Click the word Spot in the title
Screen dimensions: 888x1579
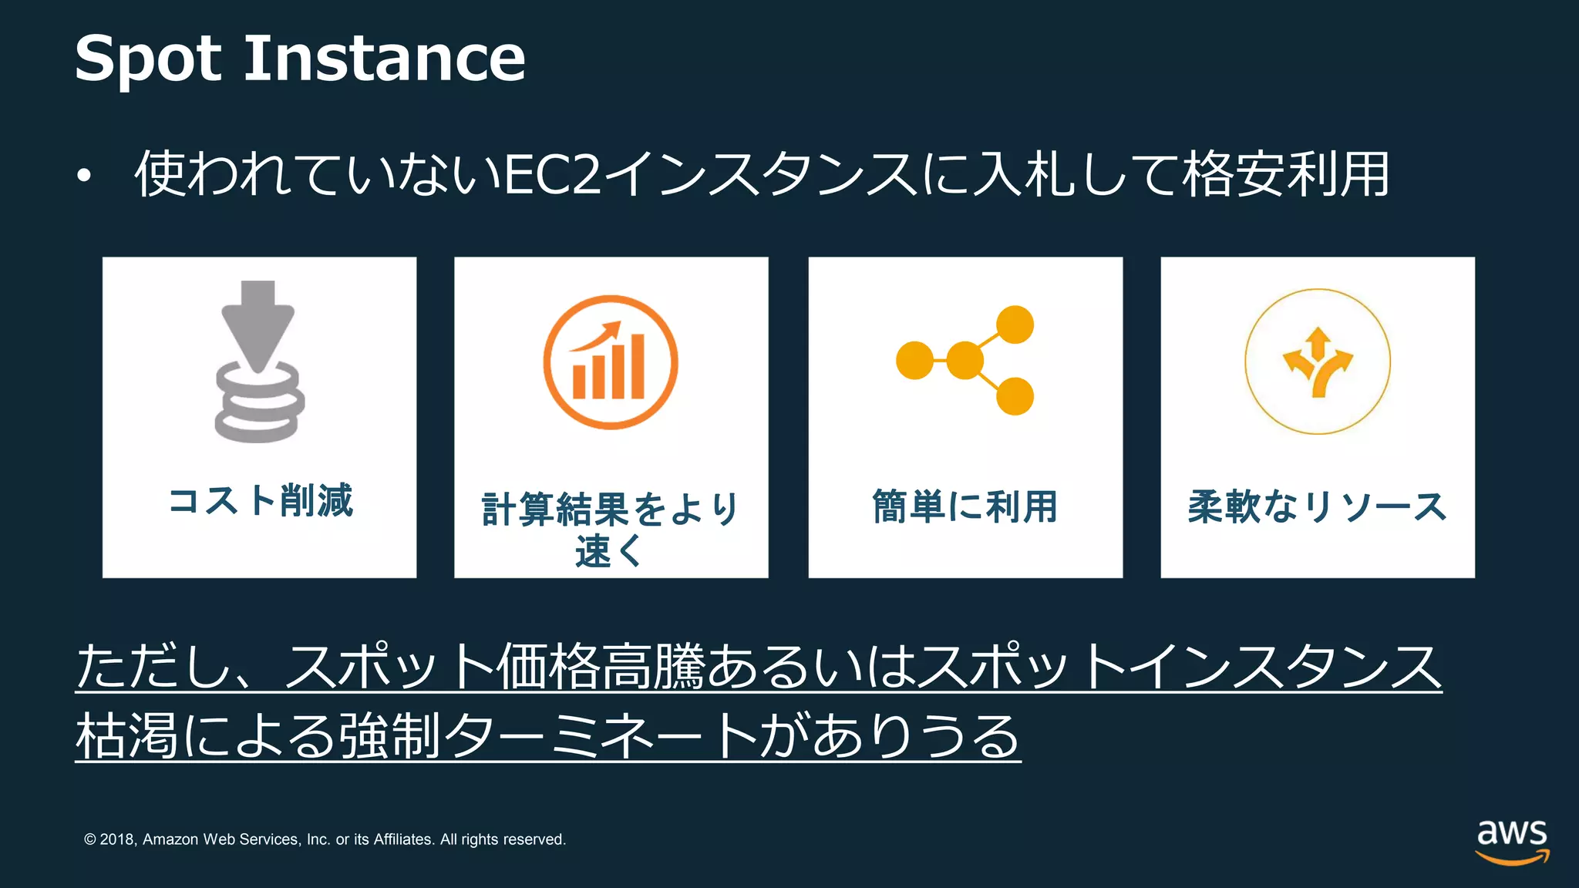click(148, 59)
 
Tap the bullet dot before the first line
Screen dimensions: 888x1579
click(84, 177)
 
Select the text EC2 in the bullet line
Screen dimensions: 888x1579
click(552, 174)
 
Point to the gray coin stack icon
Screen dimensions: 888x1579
click(259, 404)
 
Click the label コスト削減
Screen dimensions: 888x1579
click(261, 501)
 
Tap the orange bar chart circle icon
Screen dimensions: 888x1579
click(611, 362)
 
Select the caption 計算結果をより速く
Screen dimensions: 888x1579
click(610, 529)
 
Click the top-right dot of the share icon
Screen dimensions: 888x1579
click(1015, 325)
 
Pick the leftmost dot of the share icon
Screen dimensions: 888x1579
click(914, 360)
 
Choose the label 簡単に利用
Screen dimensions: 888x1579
click(965, 506)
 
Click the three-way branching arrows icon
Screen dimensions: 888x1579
click(1318, 362)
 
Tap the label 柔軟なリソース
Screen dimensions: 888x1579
click(1317, 506)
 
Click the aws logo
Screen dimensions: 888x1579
click(1511, 841)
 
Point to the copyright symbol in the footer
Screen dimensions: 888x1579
click(90, 839)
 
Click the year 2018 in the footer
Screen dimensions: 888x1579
click(117, 839)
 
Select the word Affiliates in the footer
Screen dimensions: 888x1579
click(403, 839)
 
